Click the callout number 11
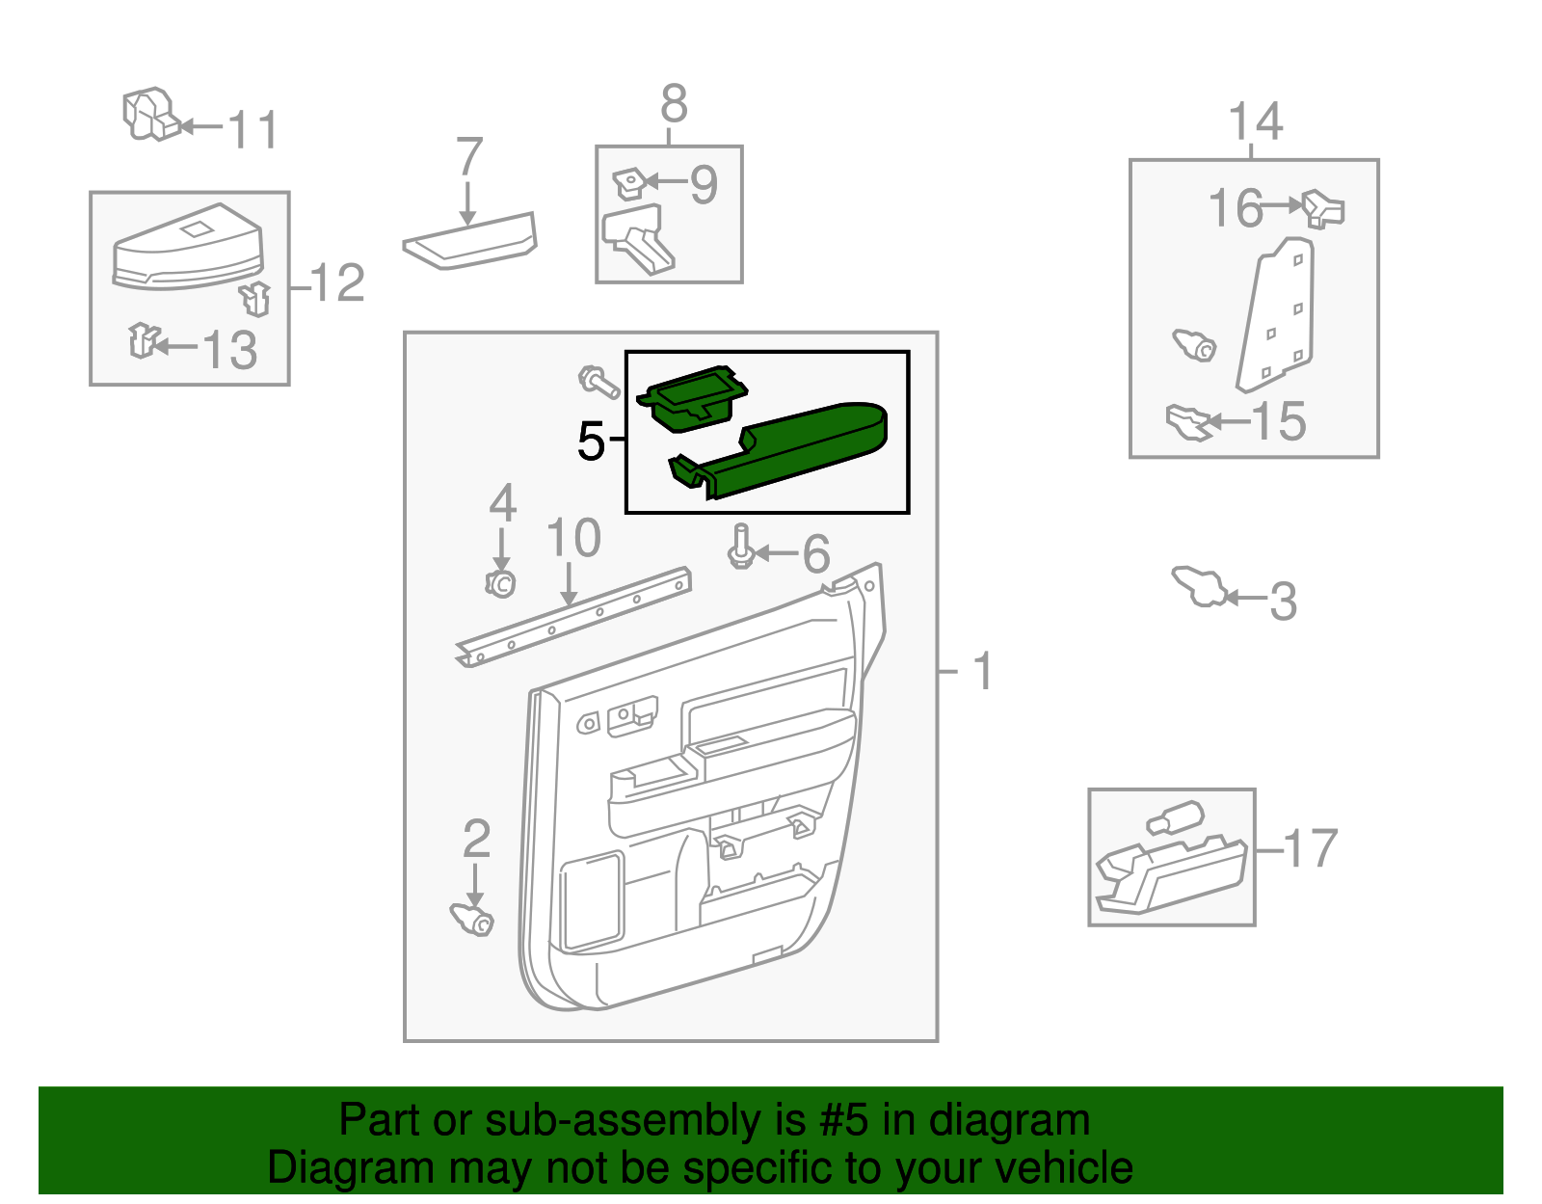coord(253,130)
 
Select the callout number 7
coord(468,156)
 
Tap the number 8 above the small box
coord(674,103)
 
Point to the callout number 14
coord(1255,121)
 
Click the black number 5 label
coord(590,441)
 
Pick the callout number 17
coord(1312,849)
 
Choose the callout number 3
coord(1283,602)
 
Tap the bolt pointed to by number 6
coord(741,547)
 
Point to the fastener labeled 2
coord(472,919)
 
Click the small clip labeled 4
coord(500,583)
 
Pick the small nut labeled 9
coord(628,182)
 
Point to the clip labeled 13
coord(143,340)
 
